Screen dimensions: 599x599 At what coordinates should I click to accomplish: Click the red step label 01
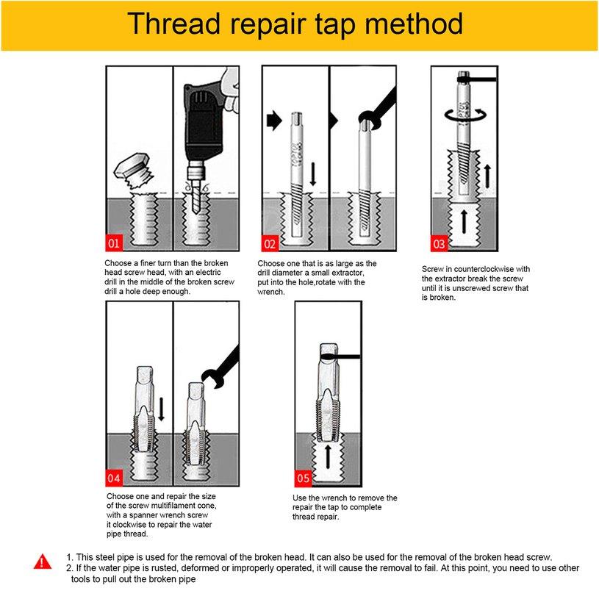[114, 243]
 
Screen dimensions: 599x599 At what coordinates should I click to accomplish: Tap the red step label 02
[270, 243]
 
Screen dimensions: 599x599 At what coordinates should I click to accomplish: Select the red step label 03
[439, 243]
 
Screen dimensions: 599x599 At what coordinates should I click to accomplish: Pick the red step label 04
[114, 478]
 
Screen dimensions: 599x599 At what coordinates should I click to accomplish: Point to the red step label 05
[304, 478]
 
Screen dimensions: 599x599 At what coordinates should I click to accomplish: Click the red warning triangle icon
[43, 562]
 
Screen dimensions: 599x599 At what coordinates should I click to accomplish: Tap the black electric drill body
[204, 122]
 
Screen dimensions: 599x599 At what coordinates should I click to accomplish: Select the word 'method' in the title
[414, 24]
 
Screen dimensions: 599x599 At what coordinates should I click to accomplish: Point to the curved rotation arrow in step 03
[466, 115]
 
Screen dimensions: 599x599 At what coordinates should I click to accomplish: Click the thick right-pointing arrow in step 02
[274, 121]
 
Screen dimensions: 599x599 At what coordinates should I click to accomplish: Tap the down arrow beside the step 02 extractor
[313, 174]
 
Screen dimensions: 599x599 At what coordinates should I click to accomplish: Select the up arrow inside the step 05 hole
[327, 456]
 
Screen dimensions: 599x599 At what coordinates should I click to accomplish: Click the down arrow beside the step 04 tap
[161, 409]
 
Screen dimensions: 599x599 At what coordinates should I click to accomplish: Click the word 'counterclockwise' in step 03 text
[483, 269]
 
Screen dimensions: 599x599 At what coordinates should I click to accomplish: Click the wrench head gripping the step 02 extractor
[370, 121]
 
